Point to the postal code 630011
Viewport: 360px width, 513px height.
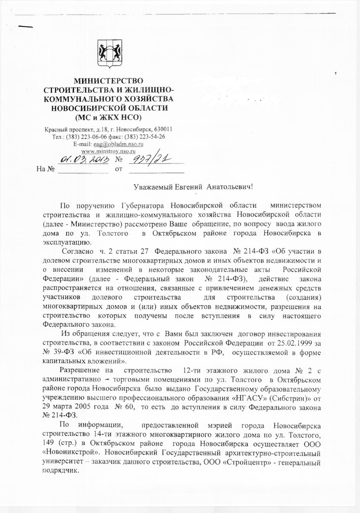coord(162,130)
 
